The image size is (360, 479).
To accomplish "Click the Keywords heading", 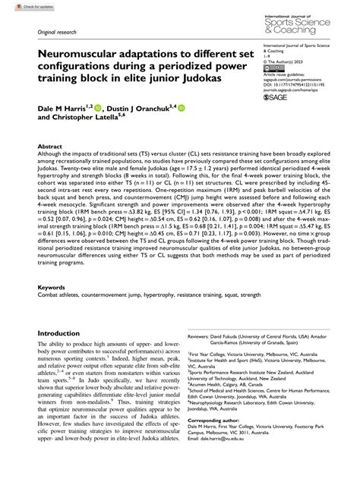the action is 52,288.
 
